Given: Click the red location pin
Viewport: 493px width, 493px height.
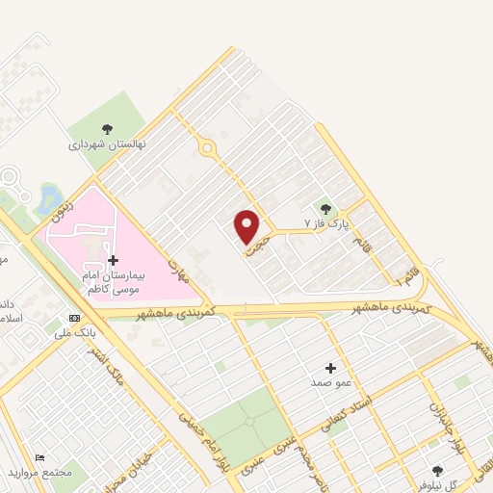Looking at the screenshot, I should coord(247,226).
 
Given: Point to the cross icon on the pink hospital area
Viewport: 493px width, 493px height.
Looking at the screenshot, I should coord(113,260).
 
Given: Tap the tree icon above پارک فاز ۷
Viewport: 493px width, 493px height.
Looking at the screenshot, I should coord(325,208).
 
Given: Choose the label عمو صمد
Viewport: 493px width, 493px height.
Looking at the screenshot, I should coord(330,382).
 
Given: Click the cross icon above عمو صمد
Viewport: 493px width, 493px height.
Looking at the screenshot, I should coord(330,367).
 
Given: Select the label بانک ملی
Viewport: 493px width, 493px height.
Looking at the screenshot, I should coord(74,333).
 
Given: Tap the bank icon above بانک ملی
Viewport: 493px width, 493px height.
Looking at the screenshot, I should coord(74,318).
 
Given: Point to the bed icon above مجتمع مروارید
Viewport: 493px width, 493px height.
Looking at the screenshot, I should coord(39,458).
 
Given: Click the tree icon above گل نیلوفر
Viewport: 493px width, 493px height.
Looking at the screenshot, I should coord(438,471).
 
